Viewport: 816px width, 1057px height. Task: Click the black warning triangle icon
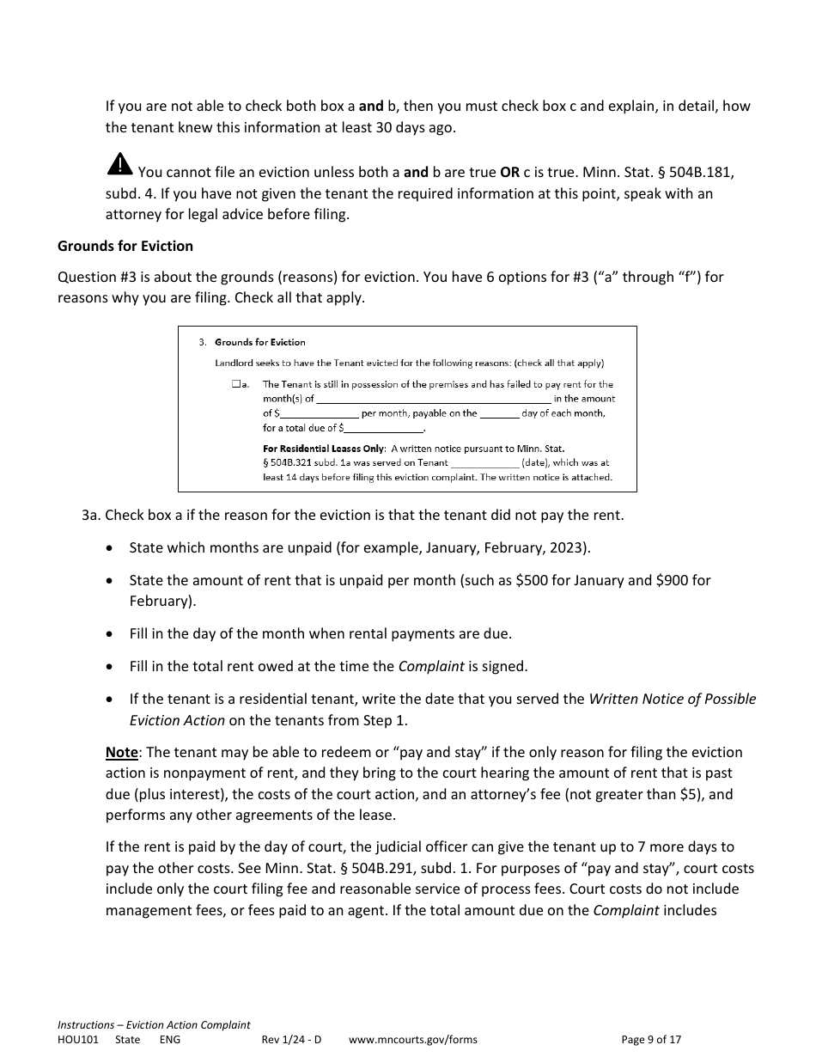120,163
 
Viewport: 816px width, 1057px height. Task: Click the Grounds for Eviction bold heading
125,246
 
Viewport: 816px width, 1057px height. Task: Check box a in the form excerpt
235,385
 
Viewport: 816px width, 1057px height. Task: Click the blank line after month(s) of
434,399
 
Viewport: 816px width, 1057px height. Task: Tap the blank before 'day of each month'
499,413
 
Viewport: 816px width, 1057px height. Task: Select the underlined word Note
121,752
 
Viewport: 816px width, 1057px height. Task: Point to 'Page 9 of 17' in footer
651,1039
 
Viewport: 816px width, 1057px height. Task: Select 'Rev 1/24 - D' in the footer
291,1039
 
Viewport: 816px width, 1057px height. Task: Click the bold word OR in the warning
509,172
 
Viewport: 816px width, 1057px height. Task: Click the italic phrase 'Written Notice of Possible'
672,699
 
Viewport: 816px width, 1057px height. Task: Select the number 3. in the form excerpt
203,342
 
